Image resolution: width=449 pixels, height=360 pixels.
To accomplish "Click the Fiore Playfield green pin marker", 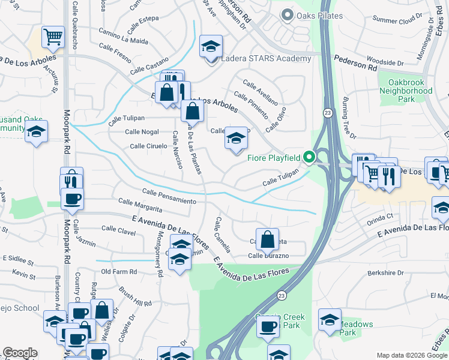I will (309, 158).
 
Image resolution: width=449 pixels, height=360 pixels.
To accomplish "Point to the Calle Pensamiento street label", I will (169, 196).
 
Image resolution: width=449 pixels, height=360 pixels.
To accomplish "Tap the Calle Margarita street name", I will (140, 205).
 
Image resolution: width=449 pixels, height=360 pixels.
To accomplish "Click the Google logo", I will (20, 353).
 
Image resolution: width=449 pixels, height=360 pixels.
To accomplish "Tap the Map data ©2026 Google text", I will (412, 355).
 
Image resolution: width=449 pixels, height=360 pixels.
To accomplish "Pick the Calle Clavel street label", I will (118, 229).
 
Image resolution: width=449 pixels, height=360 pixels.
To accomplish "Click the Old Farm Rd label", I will (119, 272).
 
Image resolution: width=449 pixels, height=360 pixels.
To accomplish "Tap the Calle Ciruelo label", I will (148, 146).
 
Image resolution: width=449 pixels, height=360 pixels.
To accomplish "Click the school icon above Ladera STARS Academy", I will (211, 46).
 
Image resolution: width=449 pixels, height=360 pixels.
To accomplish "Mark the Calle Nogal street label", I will (142, 131).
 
